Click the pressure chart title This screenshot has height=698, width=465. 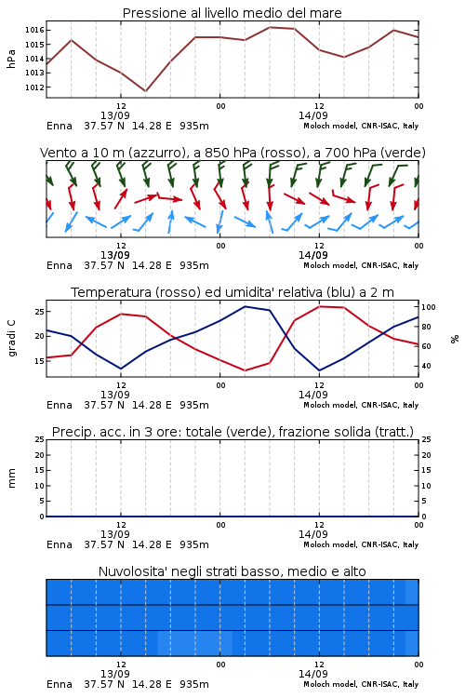[x=232, y=13]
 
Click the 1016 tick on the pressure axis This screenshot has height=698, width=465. [x=34, y=31]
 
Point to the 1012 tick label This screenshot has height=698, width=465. [x=34, y=87]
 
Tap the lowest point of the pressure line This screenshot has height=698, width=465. [x=145, y=91]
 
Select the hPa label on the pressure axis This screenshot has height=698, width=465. [x=11, y=59]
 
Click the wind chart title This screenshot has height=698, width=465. [x=232, y=153]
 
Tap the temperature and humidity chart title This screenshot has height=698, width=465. [x=232, y=292]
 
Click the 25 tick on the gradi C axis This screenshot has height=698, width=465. [x=40, y=311]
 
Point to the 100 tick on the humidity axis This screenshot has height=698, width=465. [x=429, y=307]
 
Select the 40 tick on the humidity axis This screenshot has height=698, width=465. [x=426, y=366]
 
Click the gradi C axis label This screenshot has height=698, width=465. [x=11, y=338]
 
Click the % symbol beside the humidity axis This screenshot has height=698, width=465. [x=455, y=339]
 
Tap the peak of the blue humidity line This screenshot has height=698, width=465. [x=246, y=306]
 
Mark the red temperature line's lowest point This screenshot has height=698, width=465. [x=246, y=370]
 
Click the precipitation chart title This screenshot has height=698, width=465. [x=232, y=432]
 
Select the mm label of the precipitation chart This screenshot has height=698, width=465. [x=11, y=478]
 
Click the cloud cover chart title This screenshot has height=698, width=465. [x=232, y=571]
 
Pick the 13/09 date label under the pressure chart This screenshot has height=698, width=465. [x=115, y=115]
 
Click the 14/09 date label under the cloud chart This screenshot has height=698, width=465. [x=313, y=674]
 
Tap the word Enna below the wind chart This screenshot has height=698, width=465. [x=60, y=265]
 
